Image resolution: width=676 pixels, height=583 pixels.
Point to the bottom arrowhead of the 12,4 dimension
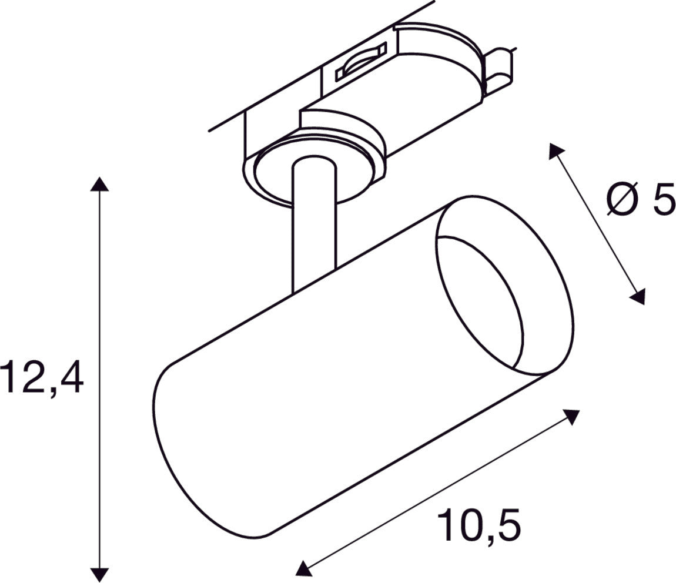coord(99,574)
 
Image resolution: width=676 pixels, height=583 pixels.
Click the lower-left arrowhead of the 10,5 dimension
coord(303,568)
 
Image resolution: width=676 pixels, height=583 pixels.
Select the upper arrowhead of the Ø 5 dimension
coord(555,150)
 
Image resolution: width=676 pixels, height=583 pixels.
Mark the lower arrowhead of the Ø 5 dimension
coord(638,297)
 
